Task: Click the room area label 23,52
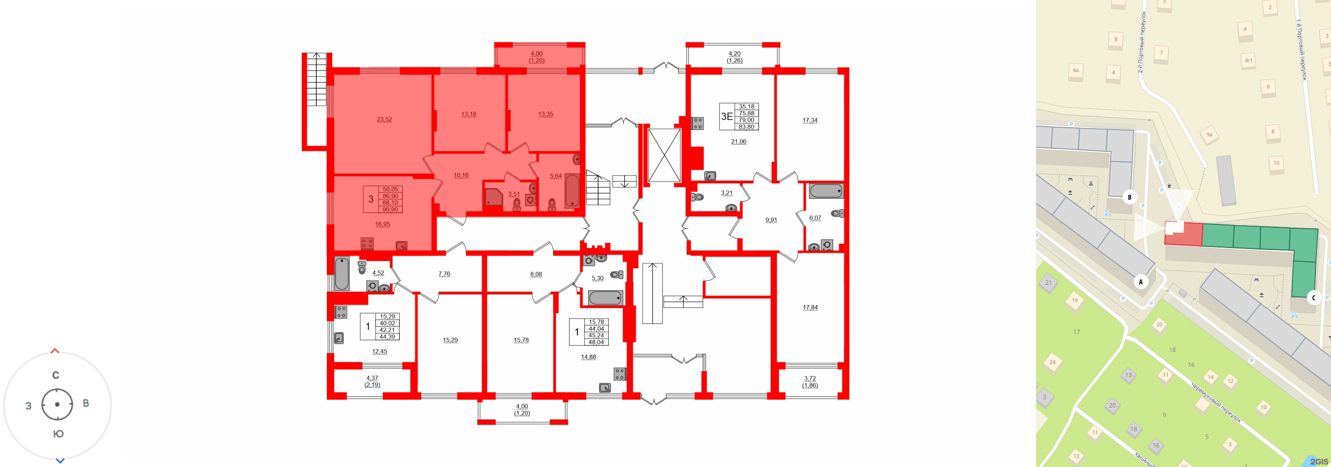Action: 384,119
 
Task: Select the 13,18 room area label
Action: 468,114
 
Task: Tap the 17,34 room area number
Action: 810,120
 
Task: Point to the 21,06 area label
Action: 738,142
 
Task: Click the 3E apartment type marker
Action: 727,116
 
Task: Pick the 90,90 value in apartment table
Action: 390,210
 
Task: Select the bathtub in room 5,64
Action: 572,190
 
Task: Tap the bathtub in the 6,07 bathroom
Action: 826,191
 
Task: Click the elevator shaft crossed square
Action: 664,155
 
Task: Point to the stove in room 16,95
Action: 367,243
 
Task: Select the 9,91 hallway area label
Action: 771,220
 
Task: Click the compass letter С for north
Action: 56,375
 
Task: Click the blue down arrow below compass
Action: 60,460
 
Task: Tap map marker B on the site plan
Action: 1129,197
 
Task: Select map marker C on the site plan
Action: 1314,298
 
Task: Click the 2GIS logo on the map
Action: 1318,461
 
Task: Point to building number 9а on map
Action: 1209,134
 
